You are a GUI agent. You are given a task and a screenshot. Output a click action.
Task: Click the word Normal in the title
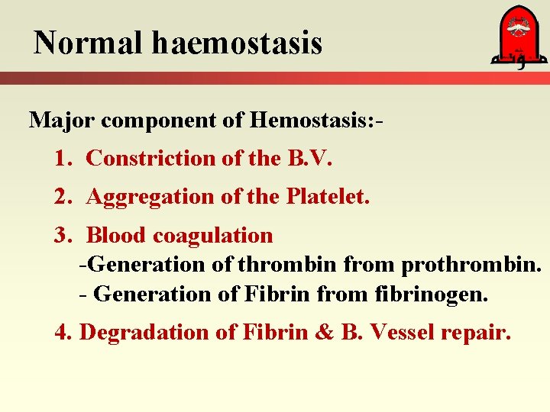click(89, 43)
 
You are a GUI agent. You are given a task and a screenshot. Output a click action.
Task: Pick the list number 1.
click(63, 158)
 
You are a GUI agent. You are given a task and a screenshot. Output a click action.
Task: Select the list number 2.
click(63, 196)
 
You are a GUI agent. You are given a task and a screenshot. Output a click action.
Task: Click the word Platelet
click(328, 196)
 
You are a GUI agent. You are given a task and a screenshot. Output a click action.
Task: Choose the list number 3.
click(63, 235)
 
